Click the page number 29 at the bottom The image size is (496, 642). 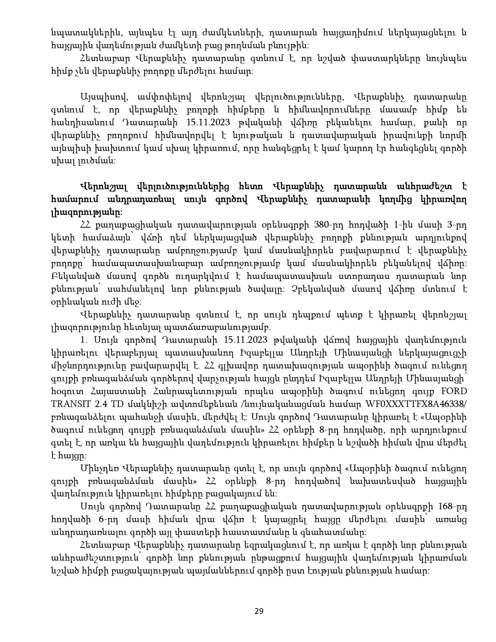tap(259, 611)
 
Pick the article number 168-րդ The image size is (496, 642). tap(453, 507)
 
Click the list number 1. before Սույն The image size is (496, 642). tap(83, 339)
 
